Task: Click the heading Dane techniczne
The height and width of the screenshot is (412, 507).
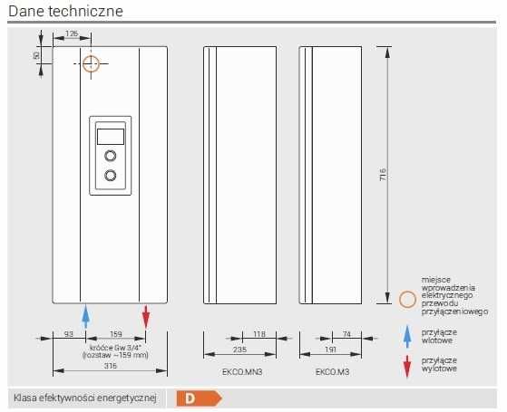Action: (x=65, y=11)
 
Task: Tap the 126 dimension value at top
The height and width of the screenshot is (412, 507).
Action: (x=72, y=34)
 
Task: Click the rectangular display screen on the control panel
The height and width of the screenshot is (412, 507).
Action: (x=111, y=137)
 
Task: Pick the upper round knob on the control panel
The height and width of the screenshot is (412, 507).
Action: (x=111, y=156)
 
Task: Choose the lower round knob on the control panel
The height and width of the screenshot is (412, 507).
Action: (x=111, y=176)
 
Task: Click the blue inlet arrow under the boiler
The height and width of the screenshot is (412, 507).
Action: (x=85, y=316)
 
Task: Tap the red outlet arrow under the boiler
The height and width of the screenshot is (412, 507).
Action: (x=146, y=316)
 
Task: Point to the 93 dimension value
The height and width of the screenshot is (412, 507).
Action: (x=69, y=334)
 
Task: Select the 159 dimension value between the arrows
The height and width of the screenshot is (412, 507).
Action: (x=116, y=334)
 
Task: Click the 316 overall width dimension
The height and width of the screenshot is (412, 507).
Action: (x=111, y=366)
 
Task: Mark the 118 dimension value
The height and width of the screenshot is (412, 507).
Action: (x=259, y=334)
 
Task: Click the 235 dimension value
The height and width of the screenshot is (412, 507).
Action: (x=239, y=350)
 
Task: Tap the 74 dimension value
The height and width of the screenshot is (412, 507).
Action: (x=346, y=334)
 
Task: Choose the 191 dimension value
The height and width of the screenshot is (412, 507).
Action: (x=330, y=350)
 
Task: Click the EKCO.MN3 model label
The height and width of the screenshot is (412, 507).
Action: (x=242, y=372)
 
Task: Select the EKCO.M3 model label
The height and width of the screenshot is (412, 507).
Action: (x=332, y=372)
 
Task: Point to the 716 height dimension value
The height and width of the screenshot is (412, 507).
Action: (x=383, y=175)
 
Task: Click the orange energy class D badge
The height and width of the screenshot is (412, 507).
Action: (x=200, y=398)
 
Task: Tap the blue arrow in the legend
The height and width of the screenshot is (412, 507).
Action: (x=407, y=337)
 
